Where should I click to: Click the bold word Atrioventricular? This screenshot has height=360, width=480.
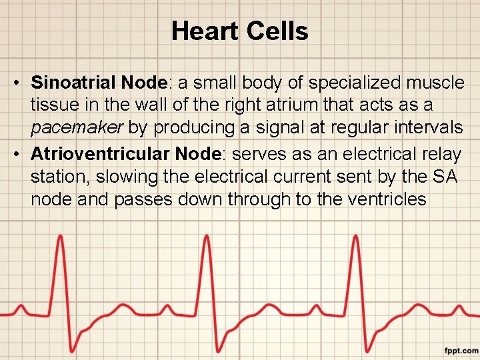tap(101, 154)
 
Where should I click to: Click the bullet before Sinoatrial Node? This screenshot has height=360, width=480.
tap(16, 83)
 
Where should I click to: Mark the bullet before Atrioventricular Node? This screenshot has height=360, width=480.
tap(16, 155)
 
